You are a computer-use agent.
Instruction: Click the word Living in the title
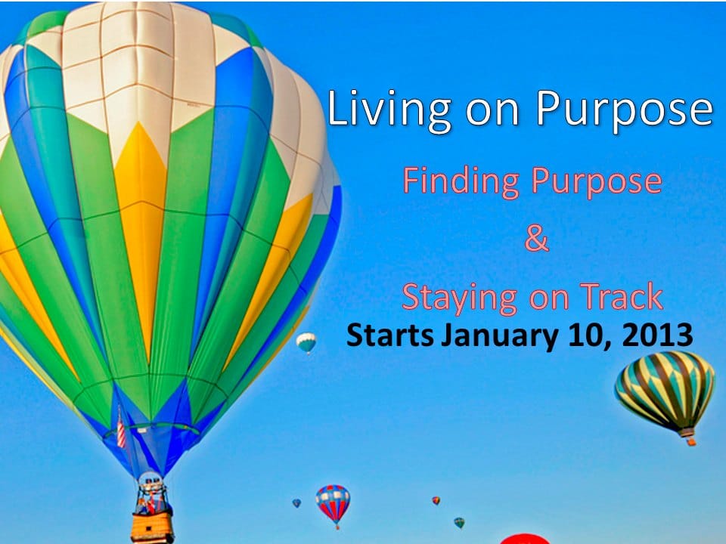(x=389, y=109)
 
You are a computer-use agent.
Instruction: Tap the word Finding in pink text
(x=461, y=181)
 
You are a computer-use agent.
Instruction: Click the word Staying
(x=459, y=298)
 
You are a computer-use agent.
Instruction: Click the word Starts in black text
(x=390, y=335)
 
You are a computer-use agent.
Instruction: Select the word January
(x=500, y=337)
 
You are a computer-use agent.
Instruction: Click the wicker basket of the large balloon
(x=152, y=527)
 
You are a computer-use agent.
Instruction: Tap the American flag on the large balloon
(x=121, y=430)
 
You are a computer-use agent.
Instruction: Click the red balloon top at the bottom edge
(x=525, y=539)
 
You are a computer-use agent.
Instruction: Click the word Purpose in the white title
(x=625, y=109)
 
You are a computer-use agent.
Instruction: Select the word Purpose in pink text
(x=597, y=181)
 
